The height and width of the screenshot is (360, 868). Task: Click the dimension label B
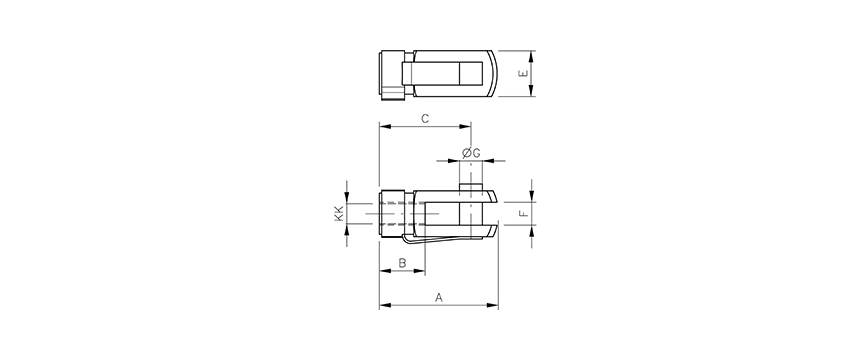tap(401, 263)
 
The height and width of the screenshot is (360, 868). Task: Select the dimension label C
tap(424, 119)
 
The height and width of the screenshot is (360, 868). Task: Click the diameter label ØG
tap(471, 152)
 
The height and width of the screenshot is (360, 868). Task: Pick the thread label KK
tap(339, 213)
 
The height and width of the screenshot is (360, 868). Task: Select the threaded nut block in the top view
tap(392, 74)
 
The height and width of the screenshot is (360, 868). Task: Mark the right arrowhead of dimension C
tap(466, 127)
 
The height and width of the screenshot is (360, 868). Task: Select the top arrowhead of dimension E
tap(533, 55)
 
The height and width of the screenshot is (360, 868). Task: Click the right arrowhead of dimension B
tap(421, 271)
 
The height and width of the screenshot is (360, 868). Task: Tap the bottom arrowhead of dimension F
tap(533, 230)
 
